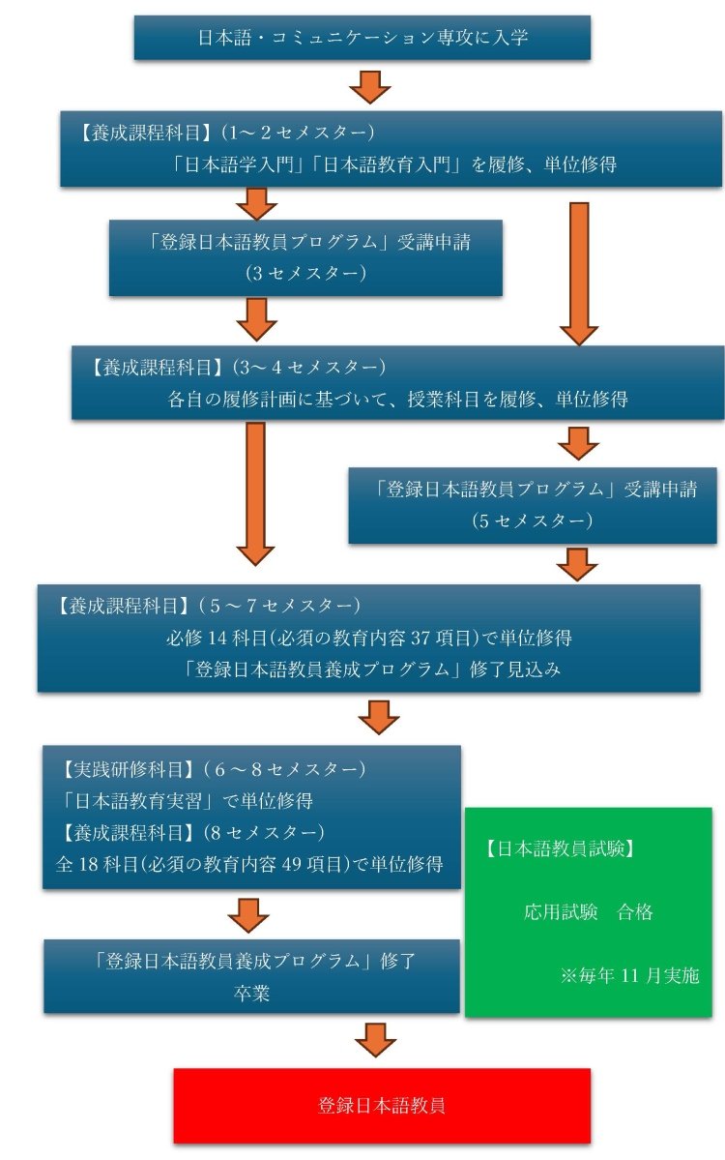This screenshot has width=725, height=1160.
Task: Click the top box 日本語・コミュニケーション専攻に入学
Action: point(362,39)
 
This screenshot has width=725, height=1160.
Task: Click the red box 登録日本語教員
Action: point(382,1105)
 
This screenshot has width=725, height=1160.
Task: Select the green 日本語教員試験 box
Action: point(588,911)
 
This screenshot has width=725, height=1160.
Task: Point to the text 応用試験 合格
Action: point(588,911)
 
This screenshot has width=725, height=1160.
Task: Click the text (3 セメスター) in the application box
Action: point(305,273)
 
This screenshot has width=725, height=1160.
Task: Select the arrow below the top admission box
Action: point(369,86)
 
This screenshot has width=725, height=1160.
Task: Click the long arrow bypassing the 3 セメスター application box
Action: point(579,273)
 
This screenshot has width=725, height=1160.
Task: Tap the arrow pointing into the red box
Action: point(375,1040)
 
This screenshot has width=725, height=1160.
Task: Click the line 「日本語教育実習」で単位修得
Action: point(186,801)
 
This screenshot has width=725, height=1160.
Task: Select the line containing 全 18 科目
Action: point(249,864)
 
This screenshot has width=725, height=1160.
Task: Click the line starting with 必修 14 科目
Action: point(368,639)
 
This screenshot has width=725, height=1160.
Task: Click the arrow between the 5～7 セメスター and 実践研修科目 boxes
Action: point(378,717)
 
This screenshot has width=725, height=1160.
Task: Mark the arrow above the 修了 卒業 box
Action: point(249,914)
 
